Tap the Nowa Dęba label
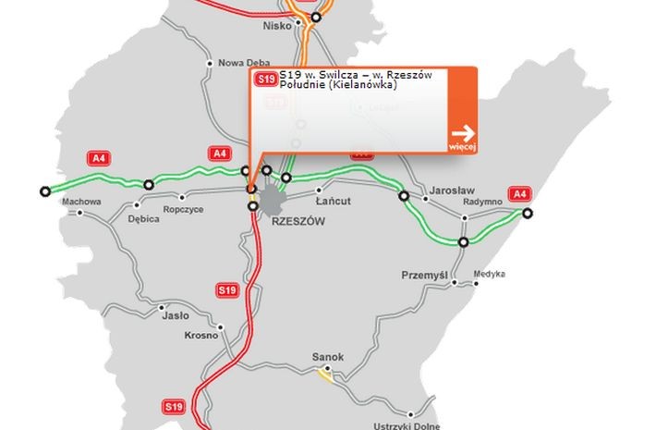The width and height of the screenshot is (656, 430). click(243, 63)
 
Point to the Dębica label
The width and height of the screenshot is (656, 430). click(144, 220)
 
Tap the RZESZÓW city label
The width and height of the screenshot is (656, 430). click(298, 223)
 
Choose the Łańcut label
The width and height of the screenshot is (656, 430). click(333, 201)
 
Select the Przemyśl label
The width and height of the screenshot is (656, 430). click(424, 276)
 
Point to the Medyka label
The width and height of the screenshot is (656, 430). click(490, 274)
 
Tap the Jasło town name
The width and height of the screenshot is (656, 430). click(176, 314)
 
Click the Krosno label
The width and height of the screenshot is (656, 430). click(201, 335)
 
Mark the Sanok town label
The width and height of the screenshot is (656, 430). click(329, 356)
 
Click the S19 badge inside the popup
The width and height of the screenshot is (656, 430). click(266, 80)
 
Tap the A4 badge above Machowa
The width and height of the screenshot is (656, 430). click(99, 158)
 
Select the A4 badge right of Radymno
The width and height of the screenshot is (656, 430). click(520, 194)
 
